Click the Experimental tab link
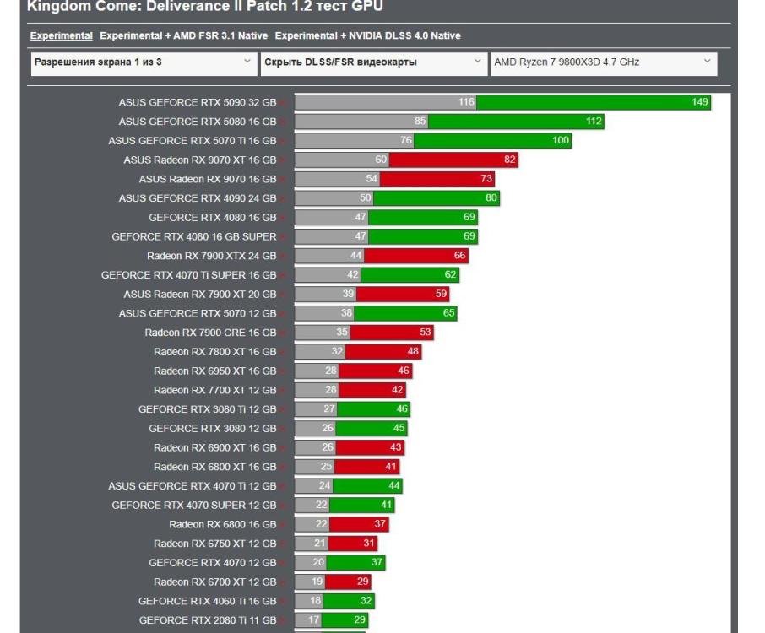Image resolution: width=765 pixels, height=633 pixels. click(61, 36)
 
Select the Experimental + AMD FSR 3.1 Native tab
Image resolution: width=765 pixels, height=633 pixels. click(183, 36)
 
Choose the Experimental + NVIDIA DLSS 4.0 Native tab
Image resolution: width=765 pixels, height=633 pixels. click(367, 36)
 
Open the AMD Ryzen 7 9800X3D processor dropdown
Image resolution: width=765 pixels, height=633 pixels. click(603, 62)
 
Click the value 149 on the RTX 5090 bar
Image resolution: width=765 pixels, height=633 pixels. click(699, 102)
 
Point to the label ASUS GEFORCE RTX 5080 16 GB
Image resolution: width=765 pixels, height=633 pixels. click(198, 122)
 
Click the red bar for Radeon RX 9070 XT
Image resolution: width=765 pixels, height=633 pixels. click(453, 160)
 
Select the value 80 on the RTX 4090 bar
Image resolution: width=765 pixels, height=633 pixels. click(491, 198)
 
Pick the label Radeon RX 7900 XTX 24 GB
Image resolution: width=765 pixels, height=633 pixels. click(211, 256)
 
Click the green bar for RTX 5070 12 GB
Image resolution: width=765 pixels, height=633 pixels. click(404, 313)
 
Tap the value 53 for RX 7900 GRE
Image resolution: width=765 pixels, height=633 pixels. click(425, 333)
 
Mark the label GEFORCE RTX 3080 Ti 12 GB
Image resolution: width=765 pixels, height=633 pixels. click(208, 409)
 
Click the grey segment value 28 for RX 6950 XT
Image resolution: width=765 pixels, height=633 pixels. click(330, 371)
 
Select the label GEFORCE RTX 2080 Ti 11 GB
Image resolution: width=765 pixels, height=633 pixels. click(208, 620)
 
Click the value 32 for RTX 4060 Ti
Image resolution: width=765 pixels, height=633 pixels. click(366, 601)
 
